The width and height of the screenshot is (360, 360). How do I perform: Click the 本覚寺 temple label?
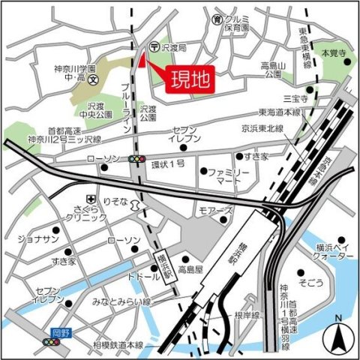tap(334, 55)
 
